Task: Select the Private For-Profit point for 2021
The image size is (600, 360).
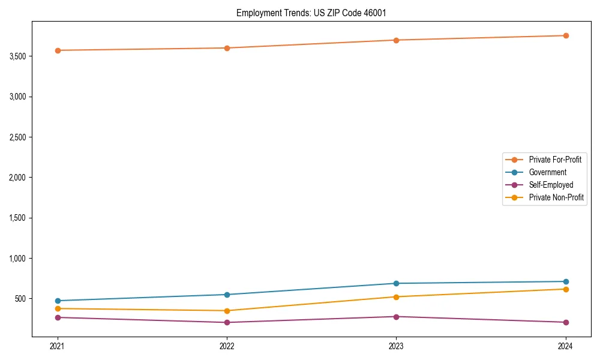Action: click(x=58, y=50)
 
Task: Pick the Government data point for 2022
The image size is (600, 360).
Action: click(x=227, y=295)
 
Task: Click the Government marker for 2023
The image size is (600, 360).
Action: click(x=396, y=283)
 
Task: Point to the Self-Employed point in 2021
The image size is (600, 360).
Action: click(x=58, y=317)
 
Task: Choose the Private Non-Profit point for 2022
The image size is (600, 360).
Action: click(x=227, y=311)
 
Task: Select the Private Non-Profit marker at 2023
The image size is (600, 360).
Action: click(x=396, y=297)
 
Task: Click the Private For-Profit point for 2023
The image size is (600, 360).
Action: click(x=396, y=40)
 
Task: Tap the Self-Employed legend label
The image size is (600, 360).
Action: click(x=551, y=185)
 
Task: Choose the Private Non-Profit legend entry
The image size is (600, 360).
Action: click(x=556, y=197)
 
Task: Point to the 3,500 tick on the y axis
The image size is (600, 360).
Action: click(x=16, y=56)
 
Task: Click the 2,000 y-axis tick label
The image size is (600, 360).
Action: click(x=16, y=178)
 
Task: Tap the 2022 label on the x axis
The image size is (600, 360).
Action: click(x=227, y=346)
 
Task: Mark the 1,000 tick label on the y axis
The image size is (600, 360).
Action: click(x=16, y=259)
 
